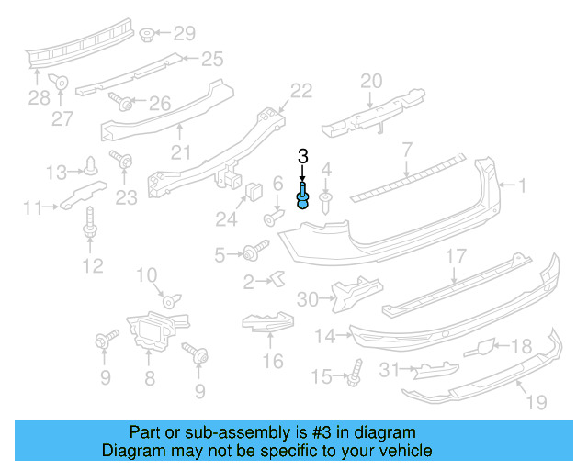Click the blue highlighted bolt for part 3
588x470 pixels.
click(x=302, y=196)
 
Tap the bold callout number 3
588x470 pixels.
click(x=302, y=158)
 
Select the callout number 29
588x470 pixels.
click(x=185, y=34)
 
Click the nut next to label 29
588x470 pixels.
click(x=147, y=35)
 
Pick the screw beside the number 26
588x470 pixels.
click(x=119, y=101)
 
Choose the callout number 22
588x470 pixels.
click(x=301, y=90)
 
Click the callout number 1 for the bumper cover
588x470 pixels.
click(x=522, y=186)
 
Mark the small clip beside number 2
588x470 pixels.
click(x=274, y=279)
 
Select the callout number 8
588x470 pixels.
click(x=150, y=377)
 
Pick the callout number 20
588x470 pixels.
click(x=371, y=81)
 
